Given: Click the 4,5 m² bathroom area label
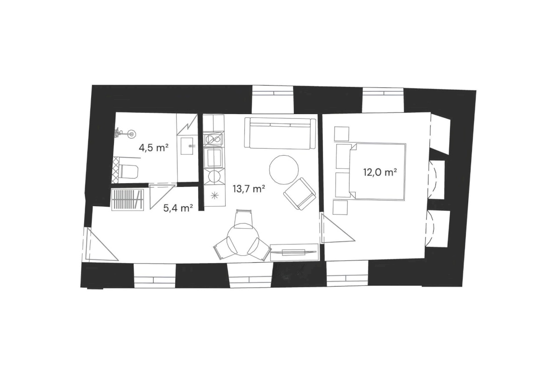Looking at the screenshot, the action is [153, 148].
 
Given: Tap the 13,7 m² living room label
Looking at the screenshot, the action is [249, 189].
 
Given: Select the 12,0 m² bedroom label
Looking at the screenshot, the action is [380, 173].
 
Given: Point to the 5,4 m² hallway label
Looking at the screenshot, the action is [178, 208].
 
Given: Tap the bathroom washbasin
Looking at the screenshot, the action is [187, 146].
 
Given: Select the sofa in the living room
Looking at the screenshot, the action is [280, 133].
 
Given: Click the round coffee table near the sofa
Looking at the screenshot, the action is [284, 169].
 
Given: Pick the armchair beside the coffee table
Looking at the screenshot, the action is [300, 194].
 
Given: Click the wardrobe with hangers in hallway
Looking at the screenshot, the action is [128, 200].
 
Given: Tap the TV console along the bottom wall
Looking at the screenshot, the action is [294, 252].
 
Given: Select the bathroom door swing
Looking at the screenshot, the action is [162, 196].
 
